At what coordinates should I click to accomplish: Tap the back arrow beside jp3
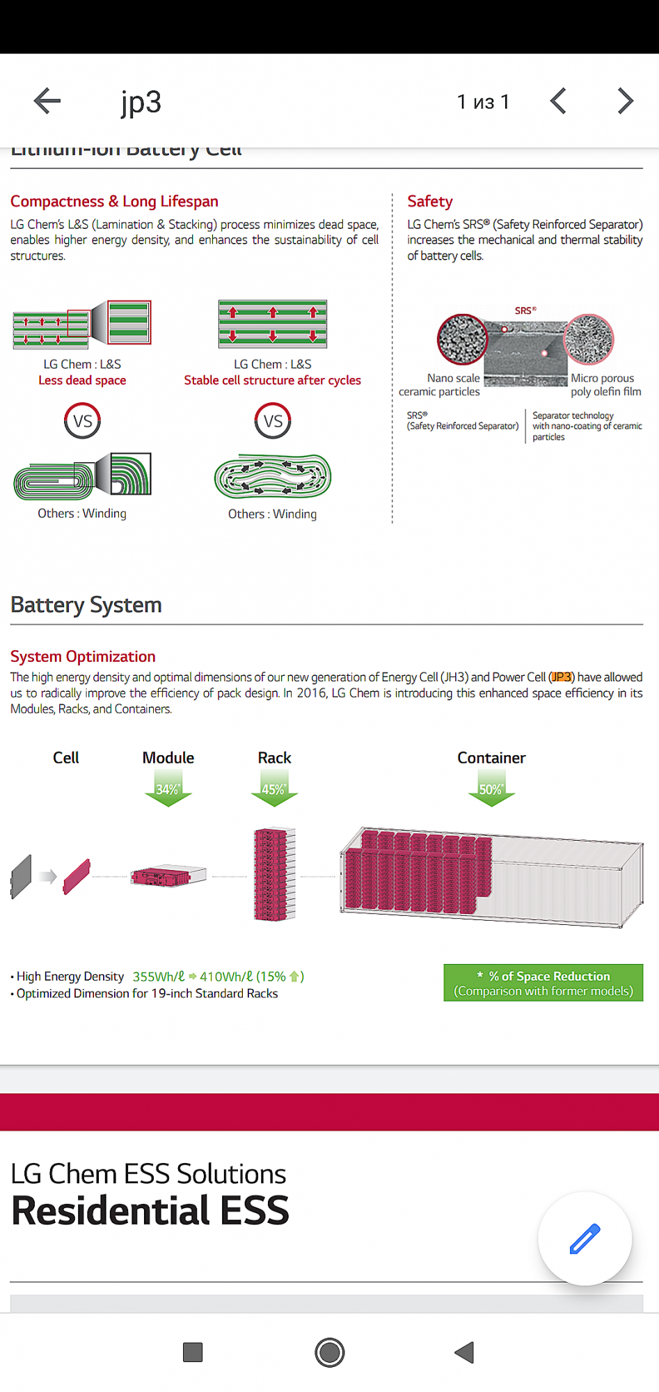[47, 101]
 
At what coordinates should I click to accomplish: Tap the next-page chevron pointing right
[626, 101]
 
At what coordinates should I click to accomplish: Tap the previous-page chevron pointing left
[558, 101]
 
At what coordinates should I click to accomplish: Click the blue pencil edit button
[585, 1238]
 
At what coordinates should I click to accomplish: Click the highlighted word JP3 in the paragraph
[562, 677]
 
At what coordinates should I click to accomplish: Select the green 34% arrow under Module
[168, 792]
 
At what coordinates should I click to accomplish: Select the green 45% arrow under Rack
[274, 792]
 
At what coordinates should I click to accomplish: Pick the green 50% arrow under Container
[491, 792]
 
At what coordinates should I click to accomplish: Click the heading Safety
[430, 201]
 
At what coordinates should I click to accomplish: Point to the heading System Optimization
[83, 656]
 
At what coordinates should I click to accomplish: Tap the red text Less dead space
[82, 380]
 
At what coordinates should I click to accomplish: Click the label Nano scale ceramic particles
[440, 385]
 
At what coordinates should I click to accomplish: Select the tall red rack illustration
[275, 874]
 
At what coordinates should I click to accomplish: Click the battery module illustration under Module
[168, 876]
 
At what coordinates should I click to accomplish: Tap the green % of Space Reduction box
[543, 983]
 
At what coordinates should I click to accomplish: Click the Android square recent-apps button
[193, 1352]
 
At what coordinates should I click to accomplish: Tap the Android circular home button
[329, 1352]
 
